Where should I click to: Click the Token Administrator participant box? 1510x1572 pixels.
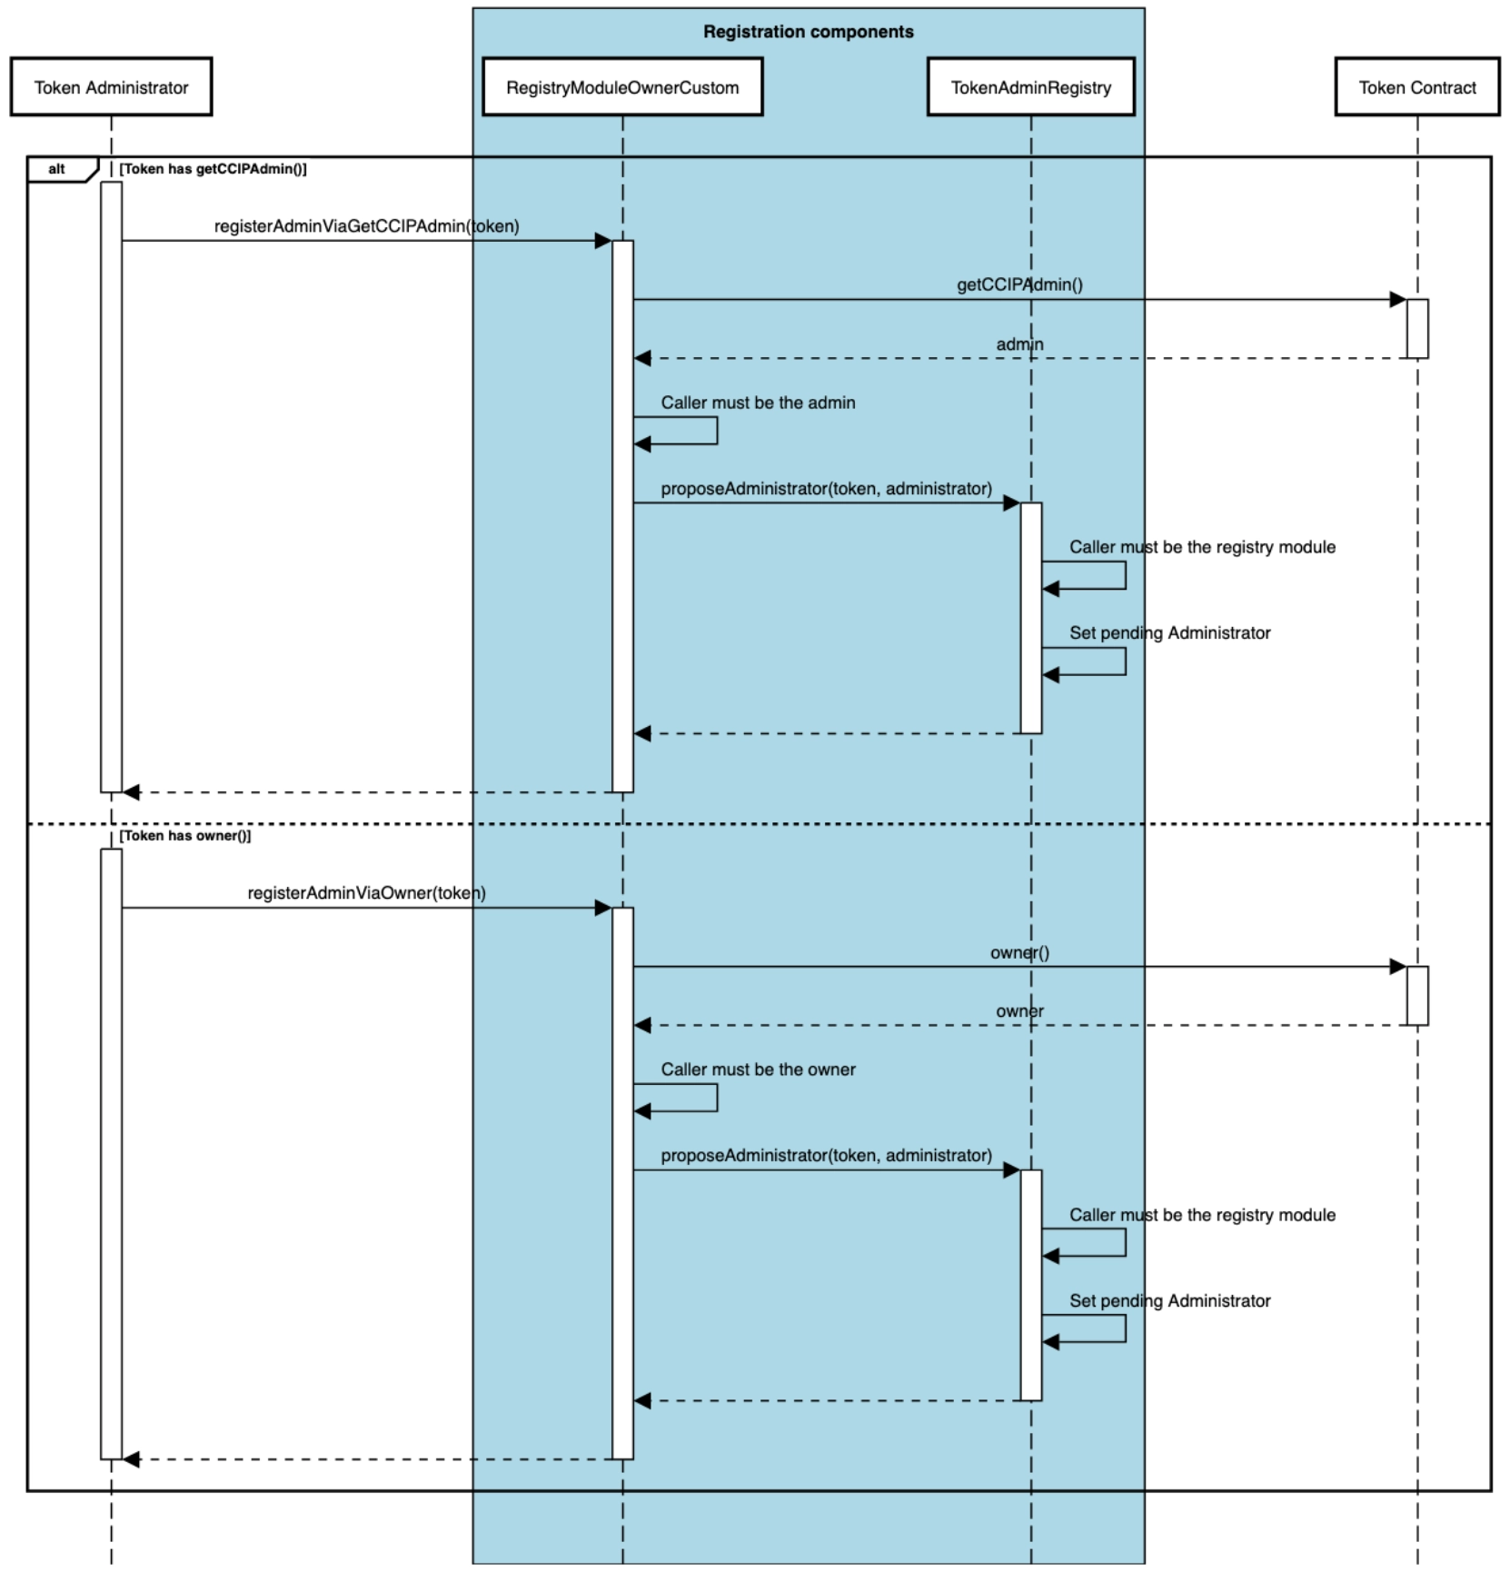pyautogui.click(x=111, y=87)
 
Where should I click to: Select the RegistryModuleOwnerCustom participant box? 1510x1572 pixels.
pyautogui.click(x=622, y=87)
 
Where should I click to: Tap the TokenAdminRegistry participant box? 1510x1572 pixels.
pyautogui.click(x=1030, y=87)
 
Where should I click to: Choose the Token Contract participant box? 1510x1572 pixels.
pyautogui.click(x=1416, y=87)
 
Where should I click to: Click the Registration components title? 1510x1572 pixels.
pyautogui.click(x=808, y=32)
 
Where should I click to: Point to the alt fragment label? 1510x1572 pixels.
pyautogui.click(x=57, y=169)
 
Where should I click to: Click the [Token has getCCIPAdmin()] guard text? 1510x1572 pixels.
pyautogui.click(x=214, y=169)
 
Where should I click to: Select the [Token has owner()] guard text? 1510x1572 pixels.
pyautogui.click(x=185, y=836)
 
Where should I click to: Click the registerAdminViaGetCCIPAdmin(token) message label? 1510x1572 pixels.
pyautogui.click(x=366, y=226)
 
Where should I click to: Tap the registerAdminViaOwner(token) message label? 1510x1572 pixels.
pyautogui.click(x=366, y=893)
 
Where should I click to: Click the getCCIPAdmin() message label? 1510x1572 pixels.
pyautogui.click(x=1019, y=284)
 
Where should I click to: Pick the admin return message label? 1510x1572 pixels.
pyautogui.click(x=1019, y=344)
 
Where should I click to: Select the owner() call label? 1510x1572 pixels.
pyautogui.click(x=1019, y=952)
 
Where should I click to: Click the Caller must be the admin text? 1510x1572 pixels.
pyautogui.click(x=758, y=403)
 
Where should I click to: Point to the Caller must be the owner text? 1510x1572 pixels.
pyautogui.click(x=758, y=1070)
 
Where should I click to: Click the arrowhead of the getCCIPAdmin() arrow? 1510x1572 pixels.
pyautogui.click(x=1397, y=300)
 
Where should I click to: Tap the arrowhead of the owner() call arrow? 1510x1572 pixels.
pyautogui.click(x=1397, y=967)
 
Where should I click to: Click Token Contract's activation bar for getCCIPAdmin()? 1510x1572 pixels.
pyautogui.click(x=1416, y=328)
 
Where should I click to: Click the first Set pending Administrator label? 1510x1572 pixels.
pyautogui.click(x=1169, y=632)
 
